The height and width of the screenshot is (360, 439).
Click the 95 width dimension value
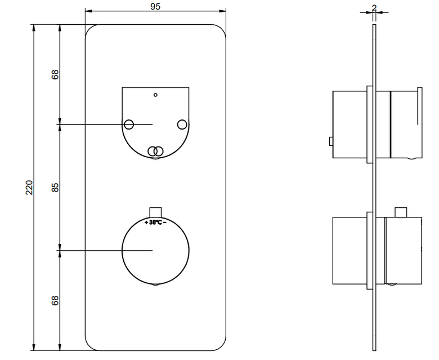(155, 6)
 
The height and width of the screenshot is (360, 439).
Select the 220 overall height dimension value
(29, 188)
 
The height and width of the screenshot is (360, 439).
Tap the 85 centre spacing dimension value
(55, 188)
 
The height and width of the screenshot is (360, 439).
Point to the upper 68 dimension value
(55, 74)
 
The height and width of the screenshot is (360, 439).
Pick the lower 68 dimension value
(55, 300)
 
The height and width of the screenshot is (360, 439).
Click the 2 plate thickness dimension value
(374, 8)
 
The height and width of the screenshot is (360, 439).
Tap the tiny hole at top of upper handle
(155, 95)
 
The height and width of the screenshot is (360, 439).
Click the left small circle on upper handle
(129, 124)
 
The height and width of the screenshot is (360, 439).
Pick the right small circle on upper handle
(182, 124)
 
